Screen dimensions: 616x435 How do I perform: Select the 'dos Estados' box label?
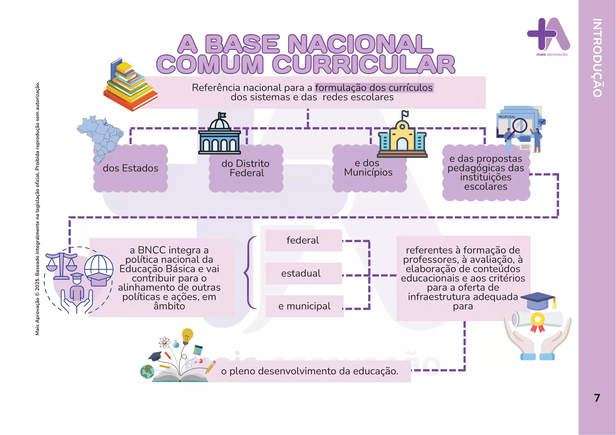click(130, 168)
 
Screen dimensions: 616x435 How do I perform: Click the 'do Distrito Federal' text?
click(245, 168)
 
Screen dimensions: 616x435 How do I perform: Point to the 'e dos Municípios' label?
click(368, 168)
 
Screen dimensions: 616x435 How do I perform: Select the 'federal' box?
click(303, 241)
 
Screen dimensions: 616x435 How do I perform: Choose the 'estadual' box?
click(303, 273)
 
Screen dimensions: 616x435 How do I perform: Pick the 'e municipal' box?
click(304, 306)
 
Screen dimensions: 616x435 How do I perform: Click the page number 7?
click(597, 398)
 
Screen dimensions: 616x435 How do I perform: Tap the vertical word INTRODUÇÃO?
click(598, 58)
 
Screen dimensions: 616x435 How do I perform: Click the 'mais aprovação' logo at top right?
click(549, 37)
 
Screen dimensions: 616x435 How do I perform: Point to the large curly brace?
click(250, 273)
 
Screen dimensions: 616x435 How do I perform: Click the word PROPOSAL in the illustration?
click(506, 117)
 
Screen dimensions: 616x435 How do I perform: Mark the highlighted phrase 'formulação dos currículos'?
click(374, 88)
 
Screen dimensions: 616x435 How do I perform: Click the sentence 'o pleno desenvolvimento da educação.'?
click(310, 371)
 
